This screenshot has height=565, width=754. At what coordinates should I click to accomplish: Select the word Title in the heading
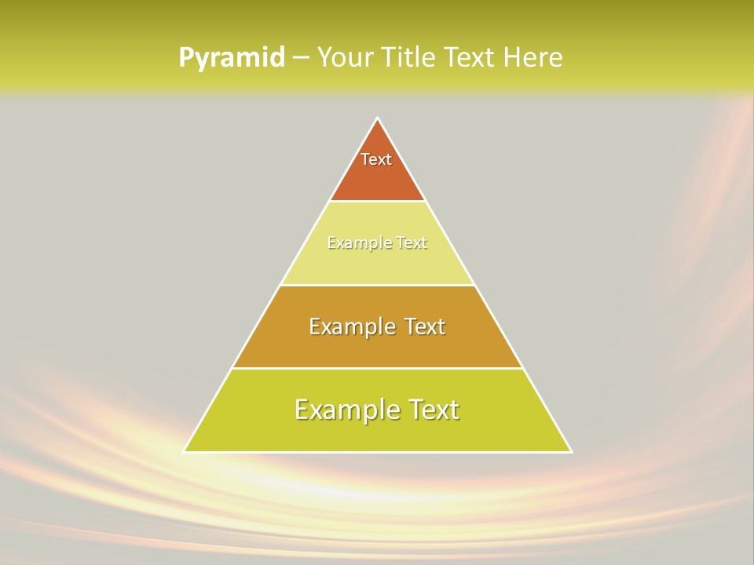pyautogui.click(x=413, y=57)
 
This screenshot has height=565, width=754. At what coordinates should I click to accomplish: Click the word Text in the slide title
pyautogui.click(x=470, y=57)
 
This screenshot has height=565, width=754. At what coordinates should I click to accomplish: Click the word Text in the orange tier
pyautogui.click(x=376, y=159)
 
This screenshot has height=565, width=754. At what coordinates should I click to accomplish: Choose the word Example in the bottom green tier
pyautogui.click(x=347, y=410)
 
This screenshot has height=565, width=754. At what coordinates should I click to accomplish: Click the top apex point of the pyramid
pyautogui.click(x=378, y=118)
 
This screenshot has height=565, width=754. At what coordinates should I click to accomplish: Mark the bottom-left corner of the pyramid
pyautogui.click(x=184, y=451)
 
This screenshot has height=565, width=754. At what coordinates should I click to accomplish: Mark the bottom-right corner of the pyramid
pyautogui.click(x=571, y=451)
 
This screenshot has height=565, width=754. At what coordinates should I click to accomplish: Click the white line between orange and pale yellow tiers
pyautogui.click(x=378, y=202)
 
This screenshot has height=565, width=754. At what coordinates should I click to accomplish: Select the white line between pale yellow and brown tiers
pyautogui.click(x=378, y=285)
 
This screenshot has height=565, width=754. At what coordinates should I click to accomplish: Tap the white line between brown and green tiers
pyautogui.click(x=378, y=368)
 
